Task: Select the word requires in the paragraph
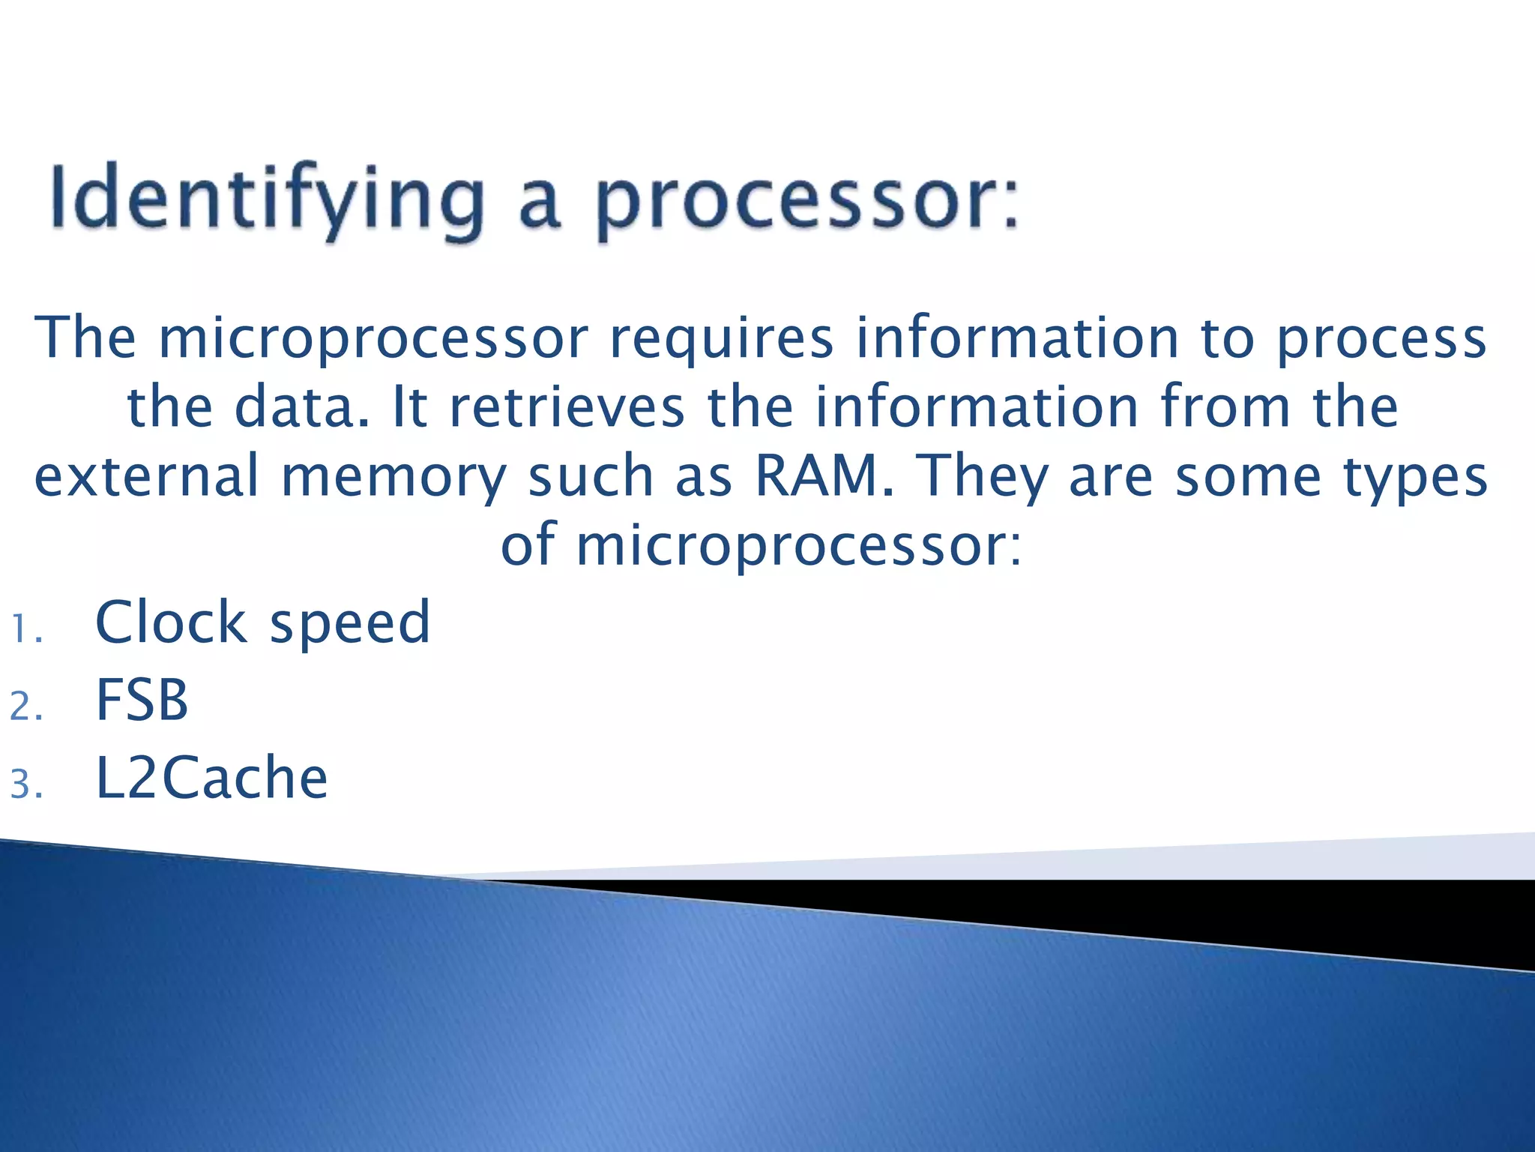721,339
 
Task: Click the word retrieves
567,407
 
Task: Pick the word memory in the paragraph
394,478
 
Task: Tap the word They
983,478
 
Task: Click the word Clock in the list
171,622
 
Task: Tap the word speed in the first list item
350,624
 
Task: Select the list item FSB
142,700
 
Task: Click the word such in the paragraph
591,476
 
